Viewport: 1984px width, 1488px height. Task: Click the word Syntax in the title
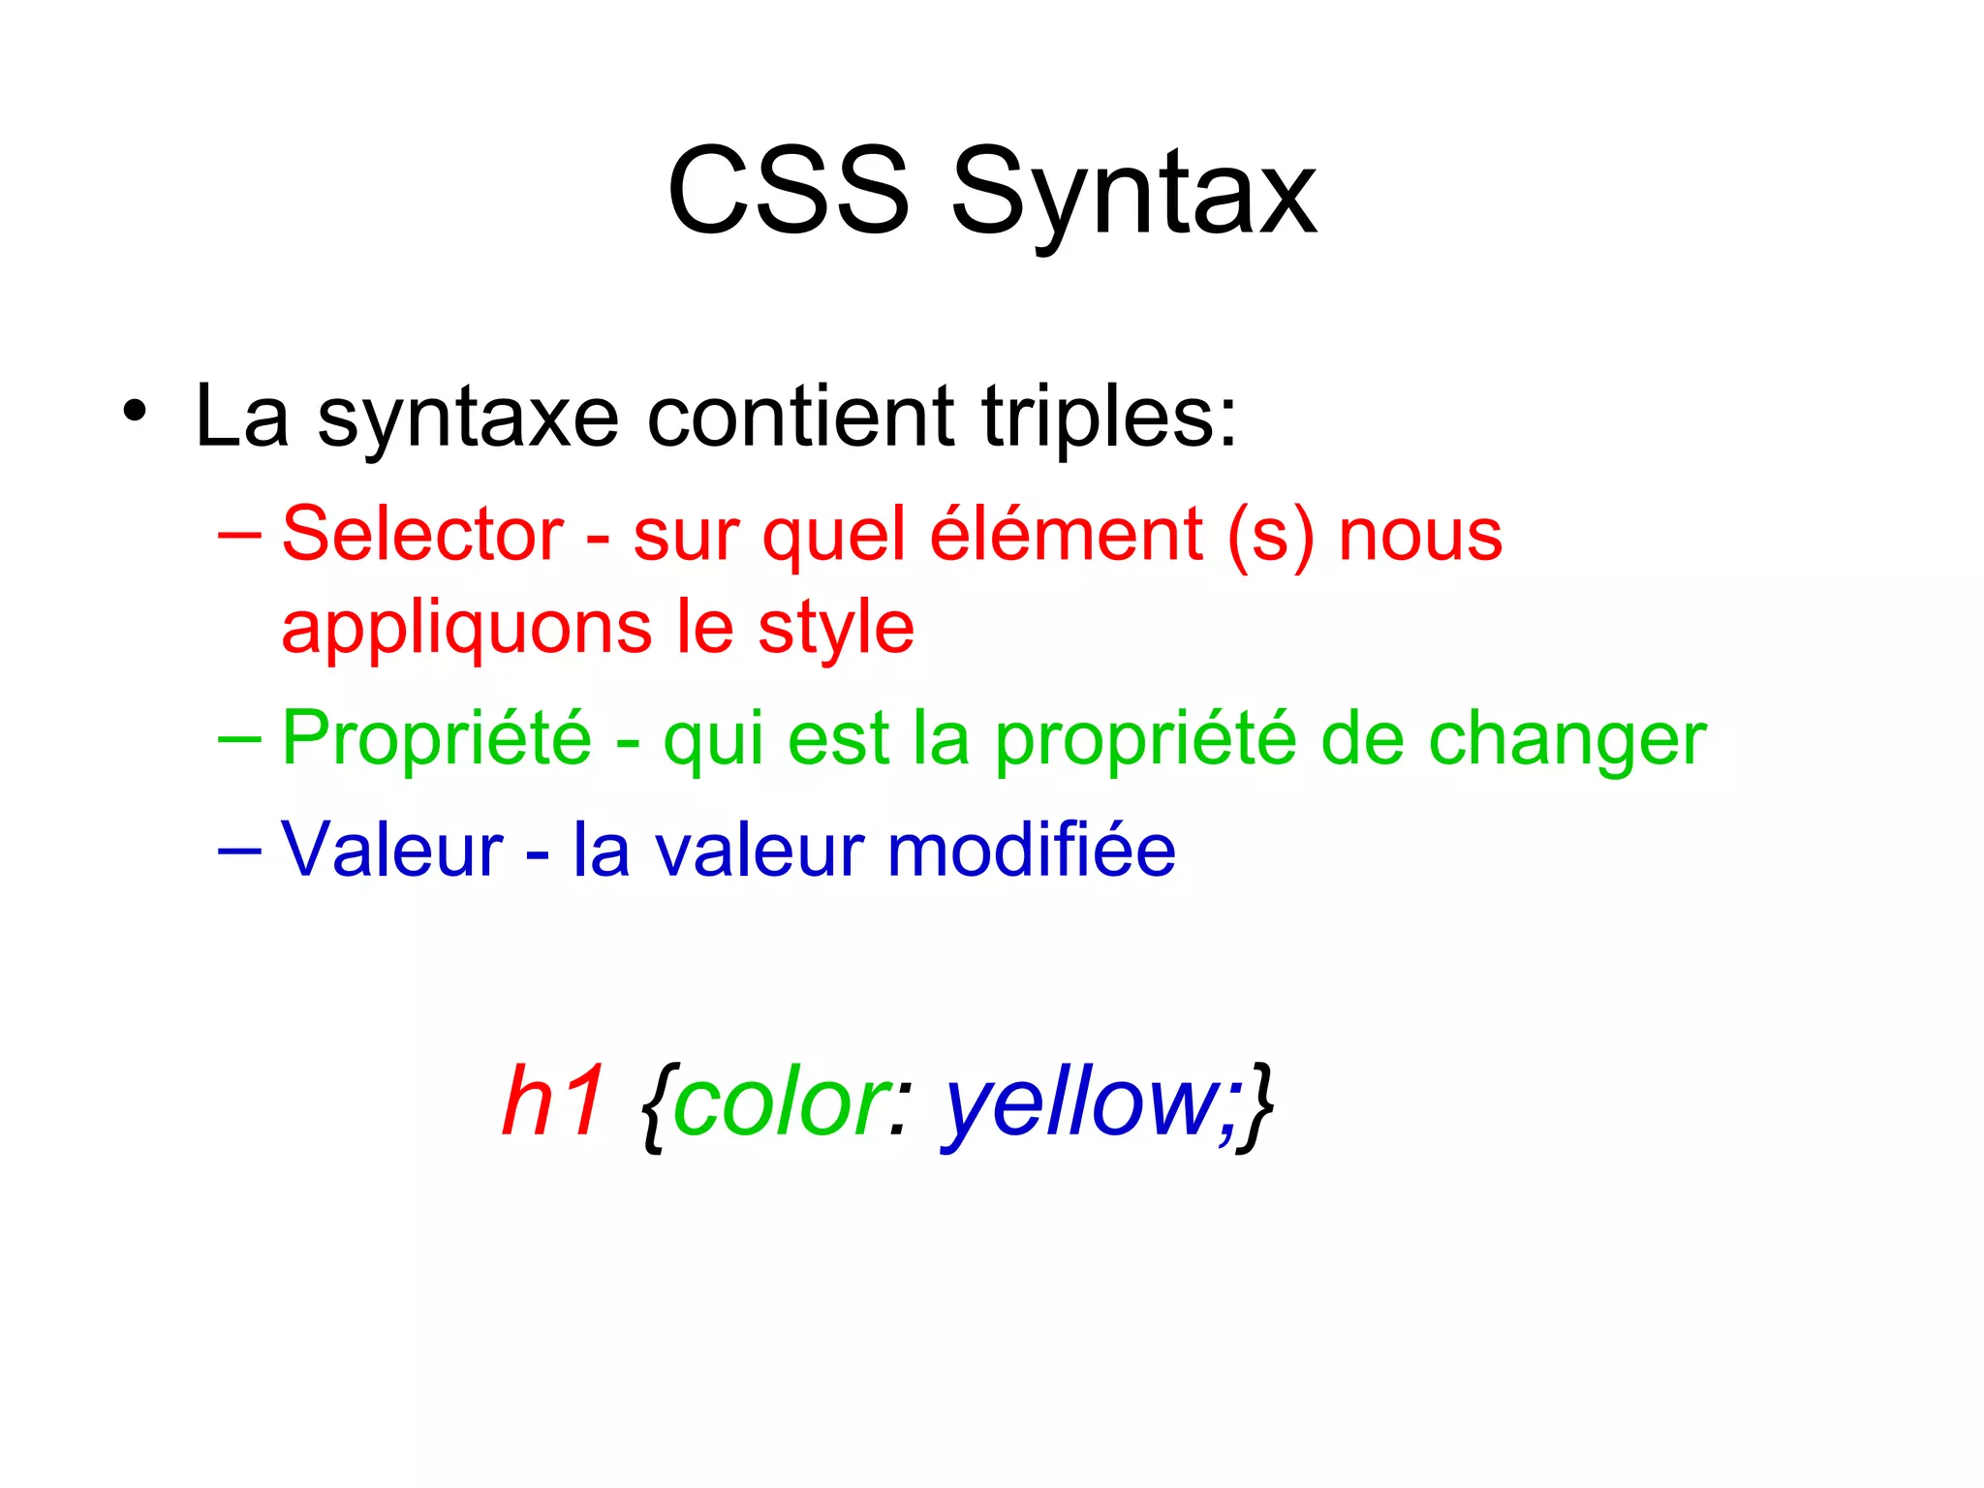(x=1133, y=194)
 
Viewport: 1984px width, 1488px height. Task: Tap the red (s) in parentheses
(x=1270, y=535)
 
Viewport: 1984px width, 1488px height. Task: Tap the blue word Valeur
(x=391, y=850)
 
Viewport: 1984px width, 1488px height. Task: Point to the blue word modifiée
(x=1031, y=850)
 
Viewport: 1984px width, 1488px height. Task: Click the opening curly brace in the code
(x=655, y=1104)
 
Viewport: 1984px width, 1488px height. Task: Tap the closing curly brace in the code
(x=1258, y=1104)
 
